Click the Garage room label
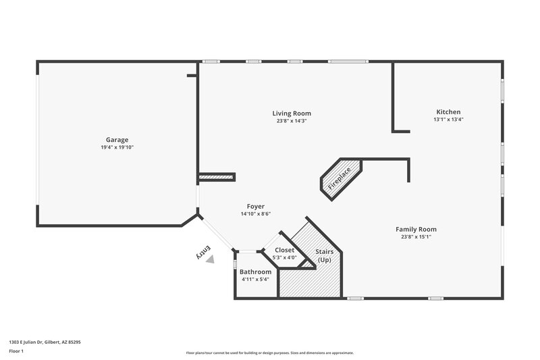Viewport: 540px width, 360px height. click(x=116, y=140)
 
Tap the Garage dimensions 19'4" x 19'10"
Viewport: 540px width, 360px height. click(x=116, y=147)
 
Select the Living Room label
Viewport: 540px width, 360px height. click(x=292, y=113)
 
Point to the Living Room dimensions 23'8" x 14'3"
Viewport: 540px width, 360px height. click(x=292, y=121)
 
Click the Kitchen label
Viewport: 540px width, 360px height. click(x=448, y=111)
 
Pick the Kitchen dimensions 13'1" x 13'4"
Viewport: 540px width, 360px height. click(x=448, y=120)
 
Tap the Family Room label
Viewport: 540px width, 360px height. click(x=416, y=229)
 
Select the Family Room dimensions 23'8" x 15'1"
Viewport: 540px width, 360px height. click(x=416, y=237)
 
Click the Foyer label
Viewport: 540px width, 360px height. click(x=255, y=207)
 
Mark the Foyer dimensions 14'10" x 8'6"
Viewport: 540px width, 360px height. click(x=255, y=214)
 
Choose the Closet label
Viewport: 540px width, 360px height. click(x=284, y=250)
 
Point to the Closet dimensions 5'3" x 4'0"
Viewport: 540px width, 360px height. click(x=284, y=257)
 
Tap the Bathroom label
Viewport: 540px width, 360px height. click(x=255, y=272)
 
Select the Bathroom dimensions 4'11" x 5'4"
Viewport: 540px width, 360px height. click(x=255, y=279)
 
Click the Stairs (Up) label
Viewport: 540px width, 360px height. click(x=324, y=255)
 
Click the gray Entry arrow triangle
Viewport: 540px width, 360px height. click(x=211, y=259)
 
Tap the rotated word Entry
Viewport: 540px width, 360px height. click(x=201, y=251)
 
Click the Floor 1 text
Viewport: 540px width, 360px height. click(x=16, y=351)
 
